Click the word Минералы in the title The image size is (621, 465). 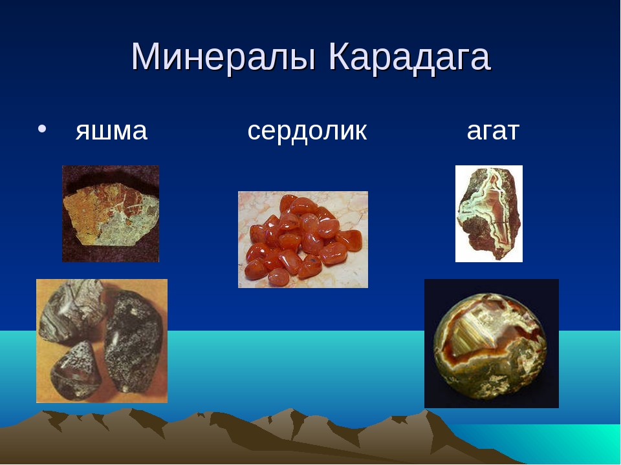[224, 57]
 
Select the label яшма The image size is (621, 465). [111, 131]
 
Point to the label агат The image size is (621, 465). [493, 131]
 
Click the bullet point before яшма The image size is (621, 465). [42, 129]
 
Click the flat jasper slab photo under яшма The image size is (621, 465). [111, 214]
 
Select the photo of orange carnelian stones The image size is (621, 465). [303, 240]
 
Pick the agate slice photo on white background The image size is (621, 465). [489, 214]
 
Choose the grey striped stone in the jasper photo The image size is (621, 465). [71, 309]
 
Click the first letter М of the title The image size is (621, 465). [144, 57]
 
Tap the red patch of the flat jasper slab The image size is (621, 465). [133, 200]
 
